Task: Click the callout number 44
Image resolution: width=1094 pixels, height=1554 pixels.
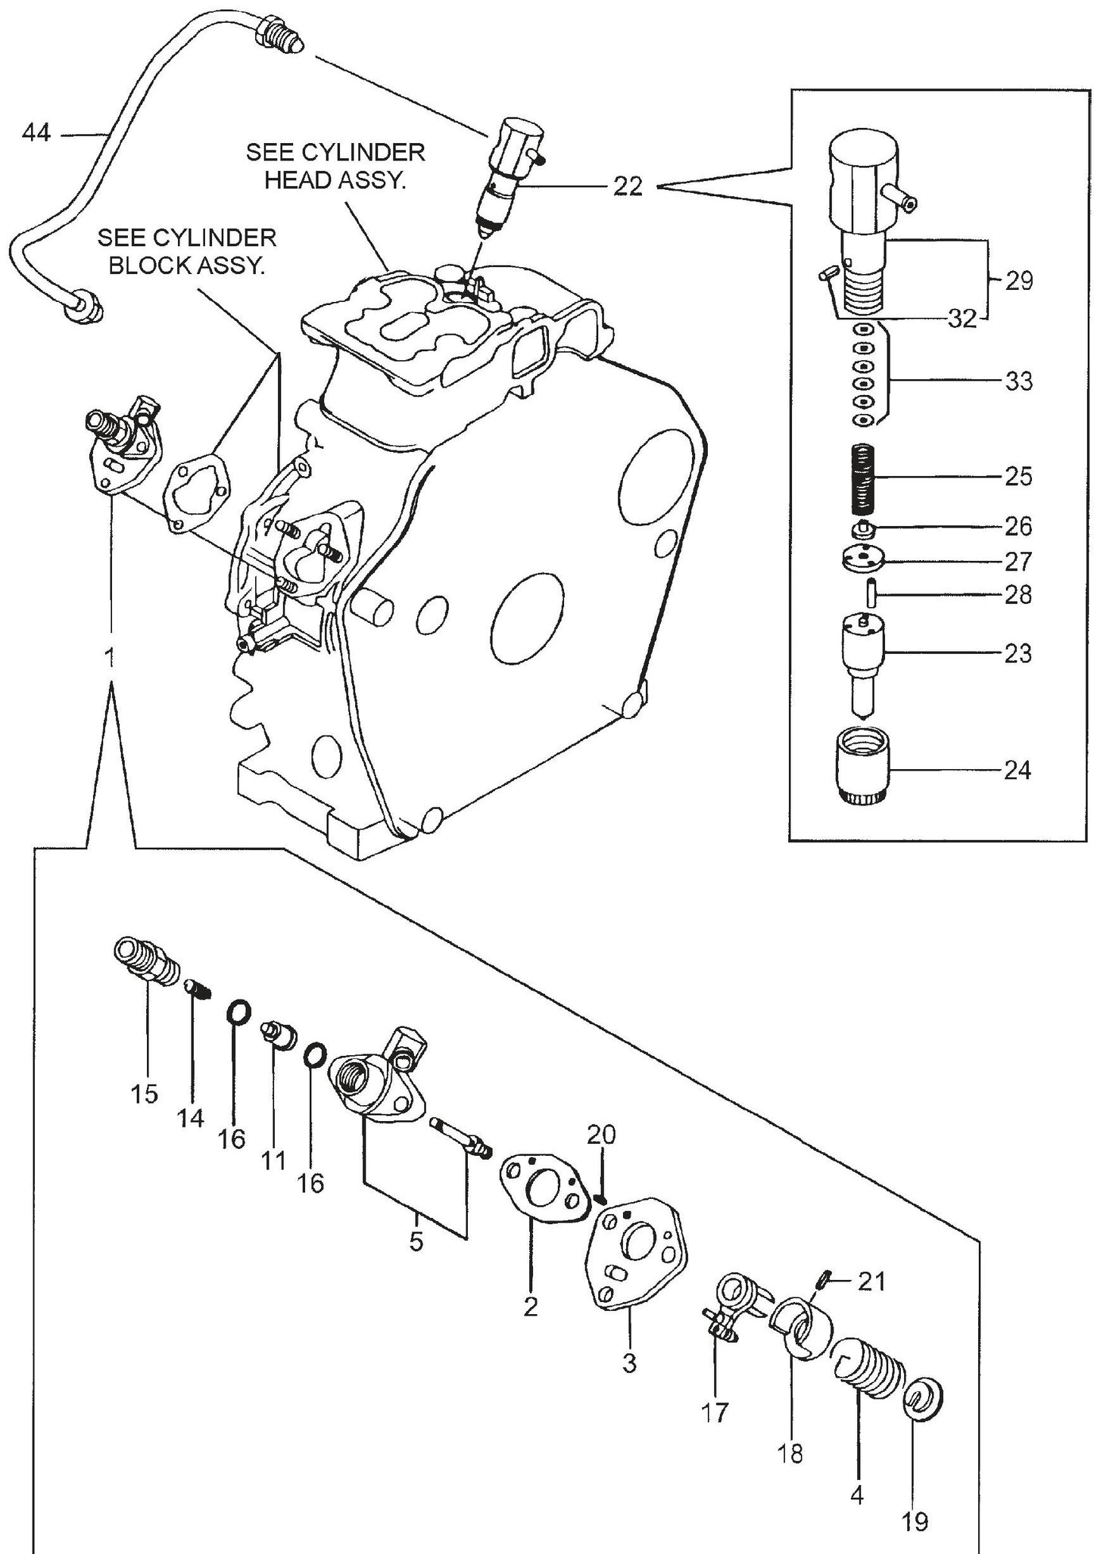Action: [36, 134]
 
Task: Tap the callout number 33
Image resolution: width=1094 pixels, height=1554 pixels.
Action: [1019, 381]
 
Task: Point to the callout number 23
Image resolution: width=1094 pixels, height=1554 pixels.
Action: [1018, 652]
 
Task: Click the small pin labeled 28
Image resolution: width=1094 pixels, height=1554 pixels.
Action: [871, 592]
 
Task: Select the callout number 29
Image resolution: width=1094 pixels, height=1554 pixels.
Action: [1019, 281]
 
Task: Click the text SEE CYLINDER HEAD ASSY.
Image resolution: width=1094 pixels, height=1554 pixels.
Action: [335, 167]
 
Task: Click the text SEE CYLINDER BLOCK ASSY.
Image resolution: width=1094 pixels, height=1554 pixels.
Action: [187, 252]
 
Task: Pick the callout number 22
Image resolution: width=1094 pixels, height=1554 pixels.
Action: [627, 186]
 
